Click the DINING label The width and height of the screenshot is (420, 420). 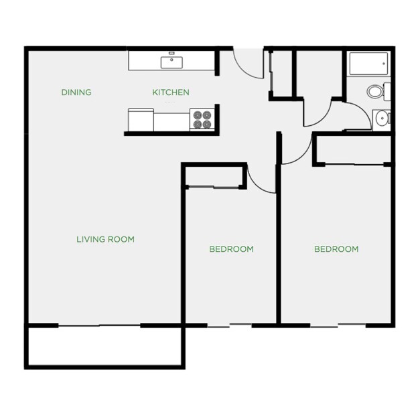pos(76,92)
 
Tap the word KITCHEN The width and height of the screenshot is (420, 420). pos(170,92)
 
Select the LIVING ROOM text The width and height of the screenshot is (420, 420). pos(105,239)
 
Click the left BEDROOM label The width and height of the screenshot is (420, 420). pos(231,249)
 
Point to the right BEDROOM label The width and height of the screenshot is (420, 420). pos(336,249)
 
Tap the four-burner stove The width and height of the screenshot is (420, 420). pos(202,119)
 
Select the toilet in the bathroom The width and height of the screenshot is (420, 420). pos(376,90)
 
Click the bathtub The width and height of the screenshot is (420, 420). pos(368,65)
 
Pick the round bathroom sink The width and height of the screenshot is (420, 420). pos(382,119)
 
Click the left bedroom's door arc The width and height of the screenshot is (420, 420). pos(260,179)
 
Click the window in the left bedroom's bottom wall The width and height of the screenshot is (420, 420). pos(229,326)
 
